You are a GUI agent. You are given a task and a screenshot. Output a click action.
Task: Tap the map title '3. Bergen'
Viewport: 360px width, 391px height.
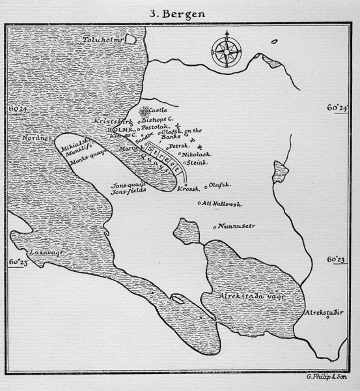point(180,12)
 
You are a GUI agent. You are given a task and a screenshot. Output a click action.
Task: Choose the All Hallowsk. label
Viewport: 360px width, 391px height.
point(223,203)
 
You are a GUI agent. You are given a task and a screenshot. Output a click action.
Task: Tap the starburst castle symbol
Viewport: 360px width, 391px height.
point(143,111)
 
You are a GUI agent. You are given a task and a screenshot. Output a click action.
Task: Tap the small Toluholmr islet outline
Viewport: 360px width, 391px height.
point(131,39)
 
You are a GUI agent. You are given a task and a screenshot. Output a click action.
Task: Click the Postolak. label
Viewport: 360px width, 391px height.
point(156,127)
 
